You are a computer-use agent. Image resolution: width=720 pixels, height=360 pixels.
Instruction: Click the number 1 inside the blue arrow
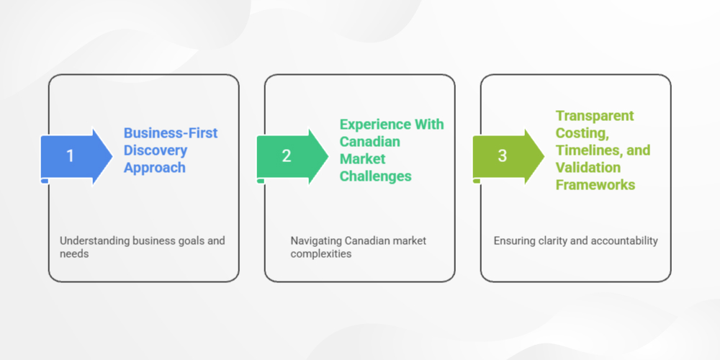tap(70, 156)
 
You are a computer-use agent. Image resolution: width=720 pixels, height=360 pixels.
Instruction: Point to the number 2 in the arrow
tap(286, 156)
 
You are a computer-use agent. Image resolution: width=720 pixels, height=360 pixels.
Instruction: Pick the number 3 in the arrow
tap(502, 156)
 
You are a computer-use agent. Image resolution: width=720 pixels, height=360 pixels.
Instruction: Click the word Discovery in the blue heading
tap(156, 150)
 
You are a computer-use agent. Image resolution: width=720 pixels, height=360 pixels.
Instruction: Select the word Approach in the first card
tap(154, 168)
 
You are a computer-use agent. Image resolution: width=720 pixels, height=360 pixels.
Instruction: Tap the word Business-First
tap(171, 133)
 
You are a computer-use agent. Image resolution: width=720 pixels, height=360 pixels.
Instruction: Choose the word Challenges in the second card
tap(377, 176)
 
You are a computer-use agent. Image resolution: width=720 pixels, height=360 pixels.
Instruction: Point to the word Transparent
tap(595, 116)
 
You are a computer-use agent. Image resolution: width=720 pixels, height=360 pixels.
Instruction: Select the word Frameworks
tap(595, 185)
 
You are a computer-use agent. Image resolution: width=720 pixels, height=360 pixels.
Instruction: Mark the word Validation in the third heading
tap(588, 168)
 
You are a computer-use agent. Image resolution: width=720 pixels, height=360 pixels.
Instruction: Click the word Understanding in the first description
tap(94, 240)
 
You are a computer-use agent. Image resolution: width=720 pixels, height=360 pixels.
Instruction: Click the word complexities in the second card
tap(321, 254)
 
